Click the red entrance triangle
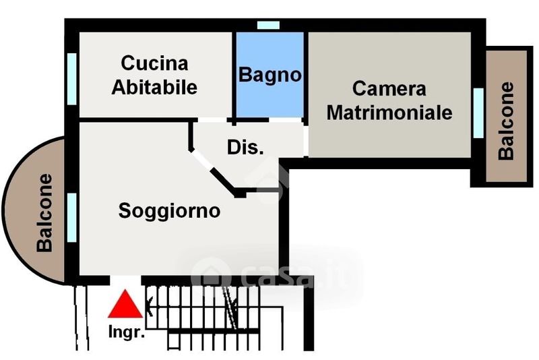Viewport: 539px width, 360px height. click(125, 305)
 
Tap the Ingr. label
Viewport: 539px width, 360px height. click(126, 332)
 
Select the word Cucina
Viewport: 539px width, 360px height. click(154, 64)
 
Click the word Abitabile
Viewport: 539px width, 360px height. click(154, 87)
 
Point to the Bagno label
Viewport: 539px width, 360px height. click(269, 74)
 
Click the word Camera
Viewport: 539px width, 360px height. click(389, 88)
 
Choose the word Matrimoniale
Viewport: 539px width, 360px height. click(389, 112)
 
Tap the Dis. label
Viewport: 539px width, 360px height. click(245, 148)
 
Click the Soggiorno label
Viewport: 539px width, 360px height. click(169, 210)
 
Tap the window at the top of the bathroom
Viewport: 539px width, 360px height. click(268, 25)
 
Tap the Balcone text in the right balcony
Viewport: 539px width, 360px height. click(507, 121)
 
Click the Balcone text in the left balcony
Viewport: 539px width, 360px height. click(45, 213)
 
